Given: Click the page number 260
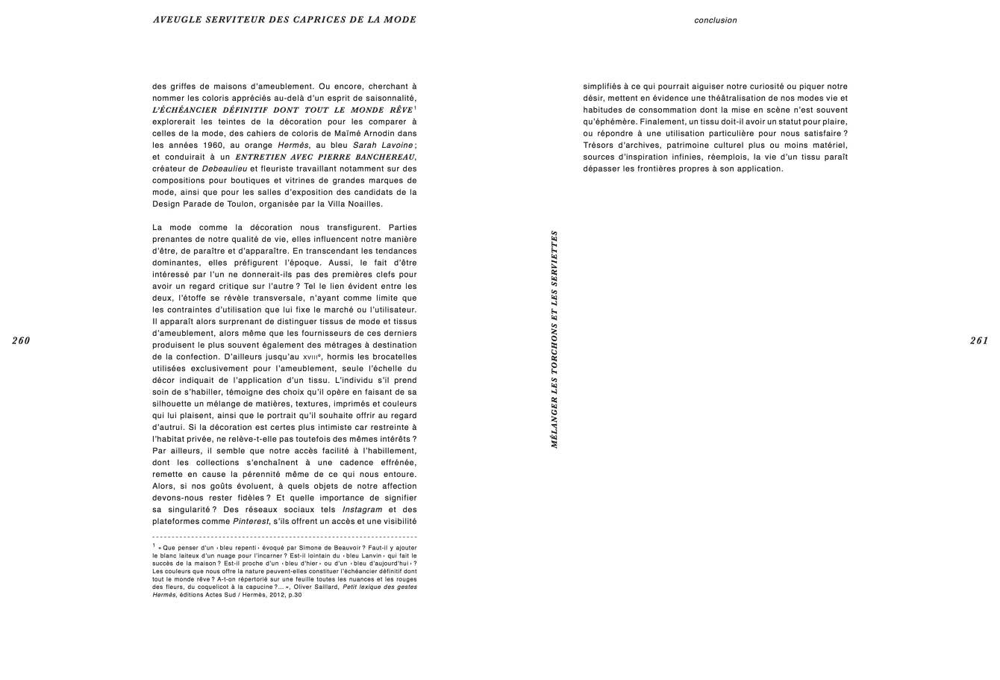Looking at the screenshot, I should click(x=21, y=341).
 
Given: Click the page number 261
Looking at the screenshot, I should click(x=979, y=341).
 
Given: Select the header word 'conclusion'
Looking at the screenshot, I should click(x=715, y=21).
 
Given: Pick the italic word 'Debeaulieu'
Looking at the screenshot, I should click(x=225, y=169).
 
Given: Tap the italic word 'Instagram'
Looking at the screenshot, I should click(x=362, y=510).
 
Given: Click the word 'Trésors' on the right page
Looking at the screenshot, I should click(x=601, y=145).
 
